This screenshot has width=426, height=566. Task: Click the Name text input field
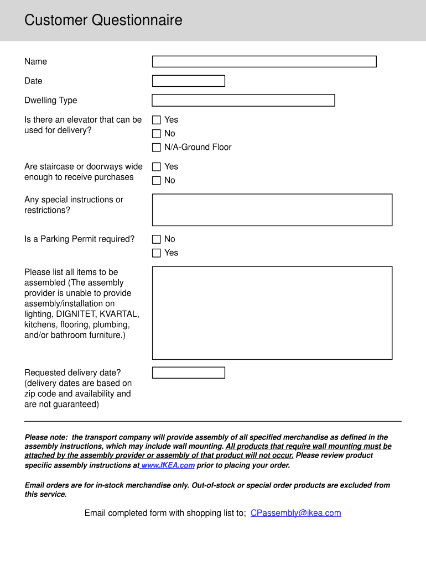click(264, 61)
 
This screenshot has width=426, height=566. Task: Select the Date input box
click(188, 81)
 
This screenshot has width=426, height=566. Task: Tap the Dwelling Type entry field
click(243, 100)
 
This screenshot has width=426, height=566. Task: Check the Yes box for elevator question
click(157, 120)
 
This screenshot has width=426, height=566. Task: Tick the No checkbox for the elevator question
click(157, 134)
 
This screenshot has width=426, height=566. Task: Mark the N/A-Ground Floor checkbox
click(157, 148)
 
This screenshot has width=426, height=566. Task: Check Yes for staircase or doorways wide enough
click(157, 167)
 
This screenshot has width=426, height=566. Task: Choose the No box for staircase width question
click(157, 181)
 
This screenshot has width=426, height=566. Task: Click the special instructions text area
click(272, 209)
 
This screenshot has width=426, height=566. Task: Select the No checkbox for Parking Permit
click(157, 239)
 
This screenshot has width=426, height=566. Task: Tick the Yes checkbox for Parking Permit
click(157, 253)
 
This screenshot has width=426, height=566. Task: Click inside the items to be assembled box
click(272, 313)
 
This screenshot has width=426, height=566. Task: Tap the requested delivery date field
click(188, 373)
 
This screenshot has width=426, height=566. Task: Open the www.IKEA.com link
click(168, 465)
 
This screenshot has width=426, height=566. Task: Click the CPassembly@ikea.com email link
click(295, 513)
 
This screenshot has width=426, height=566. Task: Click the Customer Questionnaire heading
click(103, 20)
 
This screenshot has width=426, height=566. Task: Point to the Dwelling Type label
click(50, 100)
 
